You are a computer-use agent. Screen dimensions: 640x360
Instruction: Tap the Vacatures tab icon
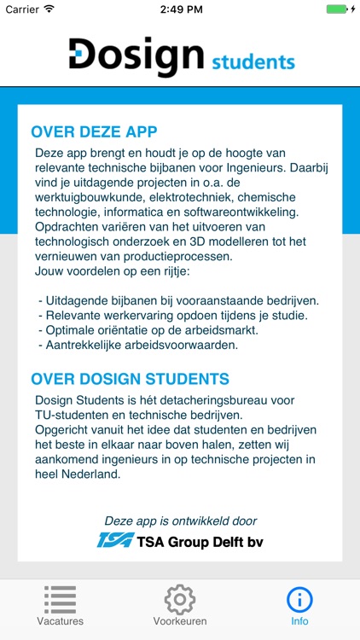coord(60,599)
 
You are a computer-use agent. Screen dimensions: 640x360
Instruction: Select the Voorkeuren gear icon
coord(180,599)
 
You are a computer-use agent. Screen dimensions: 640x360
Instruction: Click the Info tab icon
coord(299,599)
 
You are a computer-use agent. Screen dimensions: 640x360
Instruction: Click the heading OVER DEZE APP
coord(94,132)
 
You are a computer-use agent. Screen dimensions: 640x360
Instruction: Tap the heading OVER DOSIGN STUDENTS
coord(130,379)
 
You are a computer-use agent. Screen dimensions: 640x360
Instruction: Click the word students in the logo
coord(253,61)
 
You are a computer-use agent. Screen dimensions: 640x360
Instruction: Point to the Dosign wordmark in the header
coord(136,55)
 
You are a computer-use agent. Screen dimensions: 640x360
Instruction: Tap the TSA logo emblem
coord(115,540)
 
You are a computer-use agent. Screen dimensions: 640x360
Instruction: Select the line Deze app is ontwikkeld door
coord(180,521)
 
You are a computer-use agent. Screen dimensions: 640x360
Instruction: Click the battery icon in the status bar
coord(338,9)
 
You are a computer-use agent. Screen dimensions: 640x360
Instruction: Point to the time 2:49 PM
coord(180,9)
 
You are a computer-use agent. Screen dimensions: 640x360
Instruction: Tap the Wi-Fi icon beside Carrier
coord(49,9)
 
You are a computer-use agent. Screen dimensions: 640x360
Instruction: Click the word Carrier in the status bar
coord(21,9)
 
